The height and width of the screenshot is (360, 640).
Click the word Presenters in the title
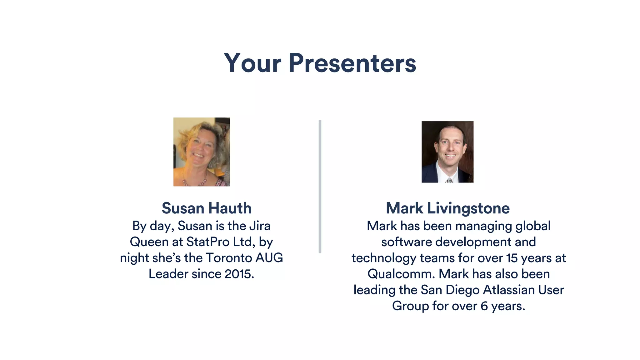pos(352,63)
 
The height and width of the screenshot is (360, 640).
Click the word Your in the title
pos(252,63)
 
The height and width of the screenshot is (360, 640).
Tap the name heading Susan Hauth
pos(207,208)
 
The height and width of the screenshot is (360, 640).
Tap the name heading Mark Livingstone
pos(447,208)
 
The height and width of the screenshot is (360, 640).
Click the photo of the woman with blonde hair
pos(202,152)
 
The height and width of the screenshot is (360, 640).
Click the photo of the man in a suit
pos(447,152)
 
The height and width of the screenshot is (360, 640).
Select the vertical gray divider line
pos(320,186)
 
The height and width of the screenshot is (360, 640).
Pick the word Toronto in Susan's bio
pos(229,258)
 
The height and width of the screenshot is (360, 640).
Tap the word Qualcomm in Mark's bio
pos(401,274)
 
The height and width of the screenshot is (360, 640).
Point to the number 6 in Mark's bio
pos(484,306)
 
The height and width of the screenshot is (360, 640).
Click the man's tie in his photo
pos(449,180)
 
